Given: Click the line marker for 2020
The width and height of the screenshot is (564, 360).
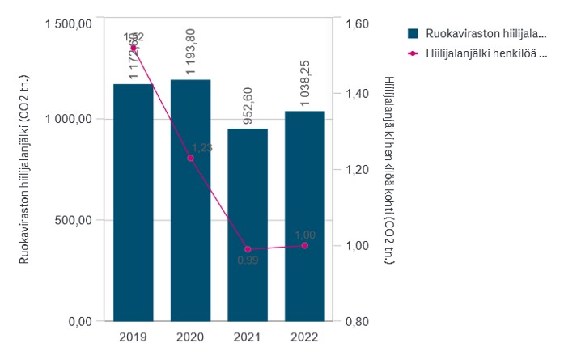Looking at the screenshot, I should click(190, 158).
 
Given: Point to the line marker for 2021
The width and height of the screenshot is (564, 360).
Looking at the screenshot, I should click(248, 249).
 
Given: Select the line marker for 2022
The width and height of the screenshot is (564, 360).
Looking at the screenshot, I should click(304, 245).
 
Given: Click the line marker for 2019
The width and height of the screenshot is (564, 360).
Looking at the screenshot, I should click(134, 48).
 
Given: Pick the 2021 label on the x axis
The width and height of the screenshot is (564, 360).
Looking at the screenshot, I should click(248, 337).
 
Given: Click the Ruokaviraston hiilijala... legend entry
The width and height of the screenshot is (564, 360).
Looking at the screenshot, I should click(477, 33).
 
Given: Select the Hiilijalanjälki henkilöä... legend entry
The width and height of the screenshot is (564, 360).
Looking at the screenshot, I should click(477, 53).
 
